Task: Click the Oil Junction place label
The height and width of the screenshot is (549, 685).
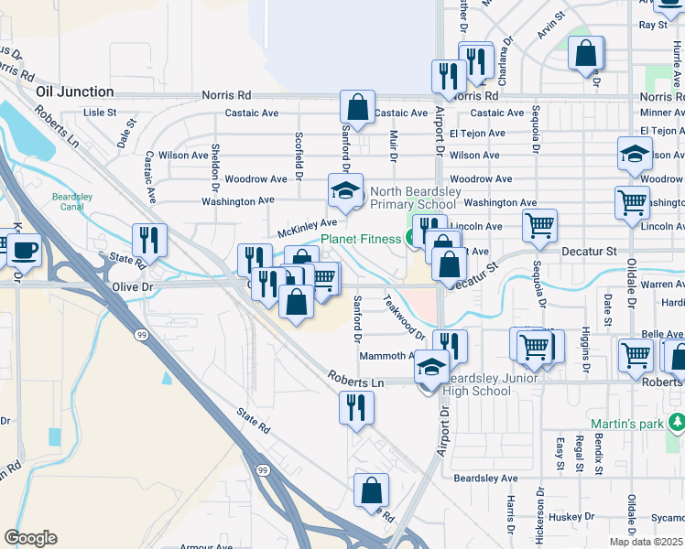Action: pyautogui.click(x=75, y=92)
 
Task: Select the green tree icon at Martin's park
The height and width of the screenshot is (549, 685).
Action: pyautogui.click(x=677, y=423)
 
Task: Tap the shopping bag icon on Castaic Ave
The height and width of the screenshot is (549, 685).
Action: pyautogui.click(x=357, y=106)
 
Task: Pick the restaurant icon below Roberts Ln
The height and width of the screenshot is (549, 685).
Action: pyautogui.click(x=356, y=407)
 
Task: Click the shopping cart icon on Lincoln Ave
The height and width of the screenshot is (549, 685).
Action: pyautogui.click(x=539, y=223)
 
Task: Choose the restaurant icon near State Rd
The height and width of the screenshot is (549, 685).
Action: pyautogui.click(x=147, y=240)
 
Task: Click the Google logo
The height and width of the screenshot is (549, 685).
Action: pyautogui.click(x=30, y=538)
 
